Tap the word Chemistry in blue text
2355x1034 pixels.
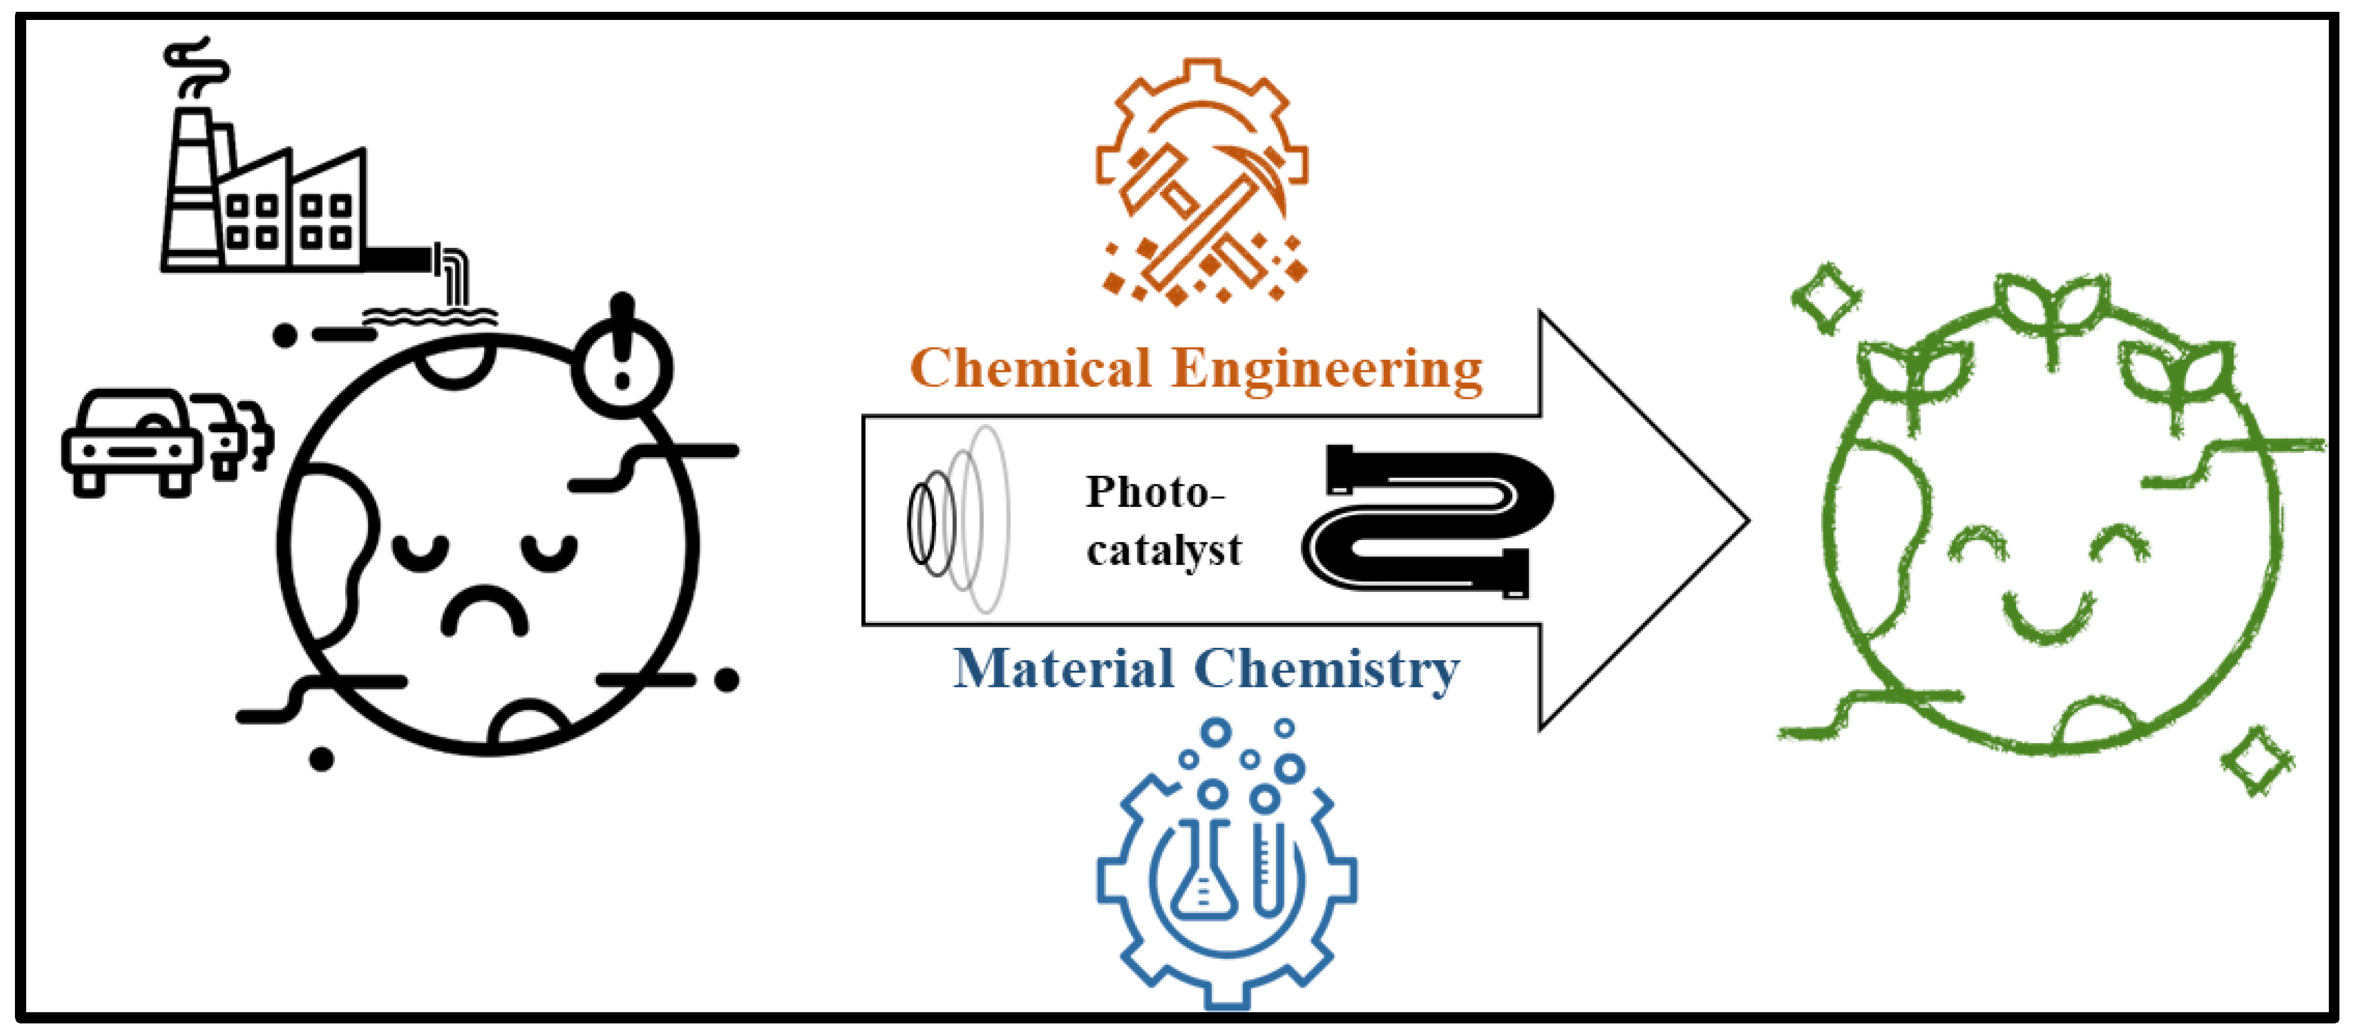coord(1328,670)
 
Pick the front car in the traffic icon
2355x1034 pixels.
coord(131,442)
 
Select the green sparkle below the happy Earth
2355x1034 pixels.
coord(2257,760)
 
